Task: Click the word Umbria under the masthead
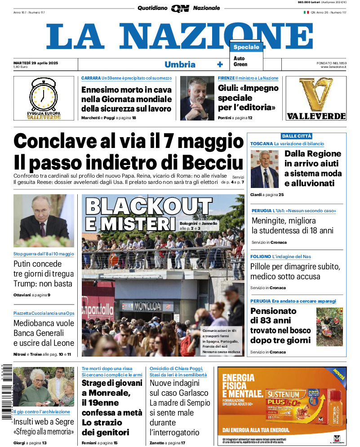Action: click(x=180, y=64)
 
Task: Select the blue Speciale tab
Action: click(x=246, y=47)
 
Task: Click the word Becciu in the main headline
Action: click(x=209, y=162)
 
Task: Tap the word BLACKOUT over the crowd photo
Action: click(x=149, y=206)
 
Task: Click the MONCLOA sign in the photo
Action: click(x=147, y=306)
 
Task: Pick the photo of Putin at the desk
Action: click(x=44, y=221)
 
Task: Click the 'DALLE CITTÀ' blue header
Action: click(x=296, y=136)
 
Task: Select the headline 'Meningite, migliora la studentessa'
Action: click(x=292, y=226)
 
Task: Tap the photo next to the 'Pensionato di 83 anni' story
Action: click(x=329, y=327)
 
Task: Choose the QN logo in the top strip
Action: click(x=180, y=8)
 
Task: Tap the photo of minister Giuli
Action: click(x=197, y=98)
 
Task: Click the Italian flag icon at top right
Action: click(x=307, y=12)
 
